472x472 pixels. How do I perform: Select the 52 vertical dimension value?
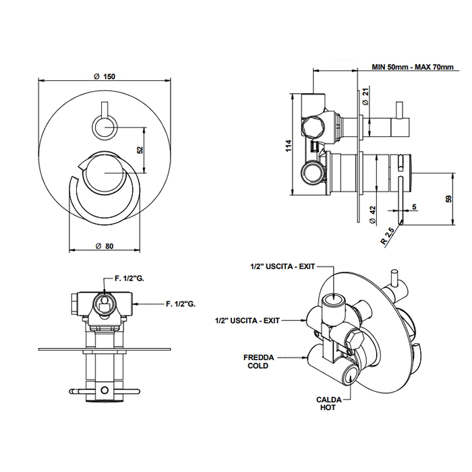pyautogui.click(x=140, y=150)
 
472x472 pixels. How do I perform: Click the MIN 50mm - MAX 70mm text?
pyautogui.click(x=413, y=67)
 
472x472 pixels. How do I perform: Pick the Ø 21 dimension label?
pyautogui.click(x=365, y=96)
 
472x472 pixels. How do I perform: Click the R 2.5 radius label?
pyautogui.click(x=385, y=236)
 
